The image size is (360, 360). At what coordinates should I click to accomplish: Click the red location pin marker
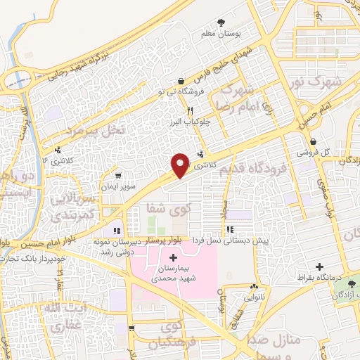pyautogui.click(x=181, y=165)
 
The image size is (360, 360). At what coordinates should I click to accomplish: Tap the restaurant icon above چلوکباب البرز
pyautogui.click(x=189, y=110)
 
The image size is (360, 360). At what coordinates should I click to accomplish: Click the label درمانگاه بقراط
pyautogui.click(x=321, y=278)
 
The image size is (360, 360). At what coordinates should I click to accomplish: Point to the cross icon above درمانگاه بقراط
pyautogui.click(x=321, y=267)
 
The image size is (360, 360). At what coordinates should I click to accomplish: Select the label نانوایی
pyautogui.click(x=254, y=297)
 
